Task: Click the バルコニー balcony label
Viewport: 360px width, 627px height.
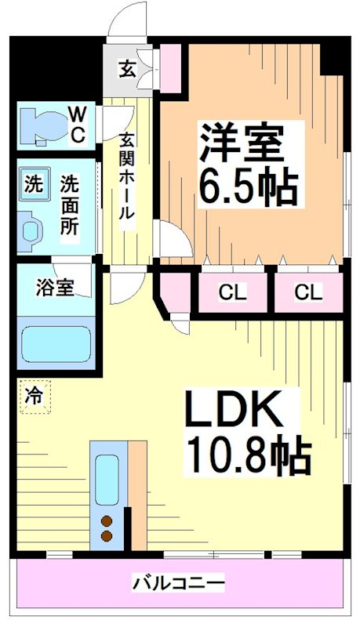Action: click(x=179, y=583)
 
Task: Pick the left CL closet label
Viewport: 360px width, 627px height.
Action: click(x=232, y=293)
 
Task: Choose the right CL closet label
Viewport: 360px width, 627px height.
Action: click(x=308, y=293)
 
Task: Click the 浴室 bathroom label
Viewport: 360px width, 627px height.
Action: click(x=55, y=288)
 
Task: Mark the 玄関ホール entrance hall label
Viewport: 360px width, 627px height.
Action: click(x=126, y=177)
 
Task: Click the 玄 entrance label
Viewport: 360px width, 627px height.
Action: click(x=125, y=69)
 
